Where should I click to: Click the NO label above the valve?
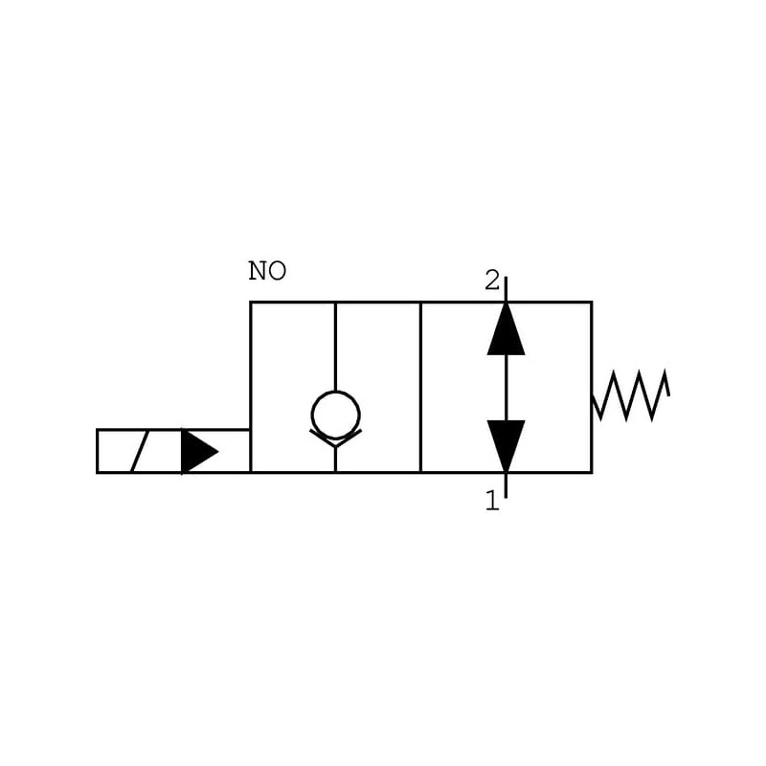point(267,272)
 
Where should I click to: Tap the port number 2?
point(492,281)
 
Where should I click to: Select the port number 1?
point(492,501)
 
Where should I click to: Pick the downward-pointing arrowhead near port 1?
point(506,443)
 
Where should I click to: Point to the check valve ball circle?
point(335,415)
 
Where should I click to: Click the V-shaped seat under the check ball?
point(335,440)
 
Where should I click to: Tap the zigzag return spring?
point(631,394)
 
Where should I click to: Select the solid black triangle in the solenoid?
point(198,451)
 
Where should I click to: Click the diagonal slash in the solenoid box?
point(140,451)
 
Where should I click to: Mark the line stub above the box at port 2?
point(506,289)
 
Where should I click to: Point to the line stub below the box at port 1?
point(506,484)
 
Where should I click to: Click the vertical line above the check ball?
point(335,345)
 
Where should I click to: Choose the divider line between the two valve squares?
point(420,387)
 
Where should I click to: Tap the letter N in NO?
point(258,272)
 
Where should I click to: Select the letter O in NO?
point(277,272)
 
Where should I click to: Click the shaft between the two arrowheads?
point(506,388)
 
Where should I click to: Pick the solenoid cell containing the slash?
point(139,451)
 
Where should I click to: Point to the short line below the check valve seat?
point(335,460)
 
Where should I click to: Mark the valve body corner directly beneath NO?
point(251,303)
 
